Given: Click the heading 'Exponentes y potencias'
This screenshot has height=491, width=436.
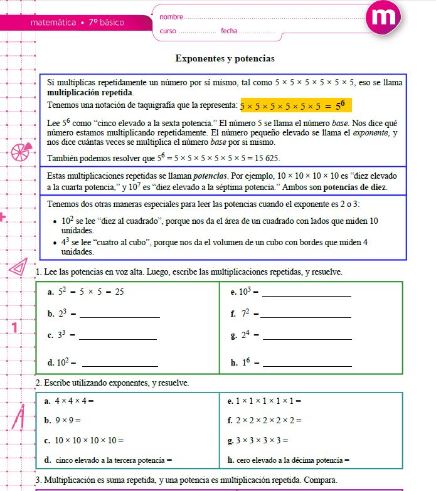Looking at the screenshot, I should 225,58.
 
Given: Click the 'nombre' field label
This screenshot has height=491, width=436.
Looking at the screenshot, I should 171,16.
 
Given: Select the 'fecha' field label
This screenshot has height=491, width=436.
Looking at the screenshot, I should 229,31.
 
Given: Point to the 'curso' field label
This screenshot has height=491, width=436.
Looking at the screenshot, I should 168,31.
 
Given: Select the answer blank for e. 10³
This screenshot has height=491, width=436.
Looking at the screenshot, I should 306,293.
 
